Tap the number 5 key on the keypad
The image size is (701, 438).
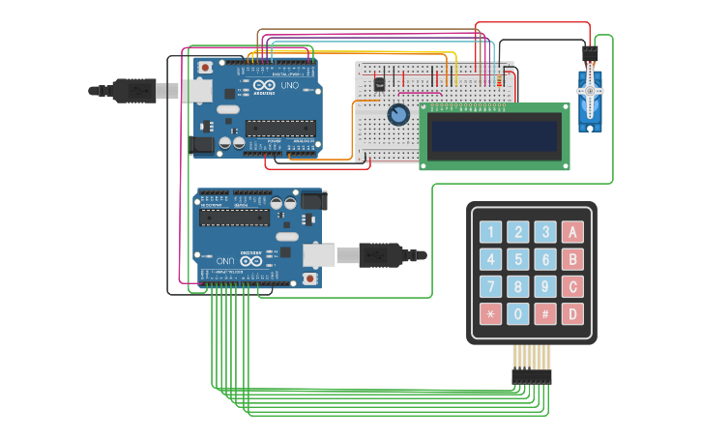point(518,259)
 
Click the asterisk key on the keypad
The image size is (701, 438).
point(491,314)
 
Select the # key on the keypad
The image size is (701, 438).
point(545,314)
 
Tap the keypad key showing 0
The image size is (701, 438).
point(518,314)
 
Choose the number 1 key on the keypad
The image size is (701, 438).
point(491,232)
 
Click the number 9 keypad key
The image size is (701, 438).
point(545,287)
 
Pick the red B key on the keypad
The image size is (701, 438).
point(572,259)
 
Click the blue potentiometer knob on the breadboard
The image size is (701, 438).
point(398,115)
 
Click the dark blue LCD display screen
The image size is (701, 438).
point(494,136)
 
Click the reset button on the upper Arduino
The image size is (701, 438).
point(205,68)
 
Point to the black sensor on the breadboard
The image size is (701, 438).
point(379,83)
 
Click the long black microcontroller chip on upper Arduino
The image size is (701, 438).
point(279,127)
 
